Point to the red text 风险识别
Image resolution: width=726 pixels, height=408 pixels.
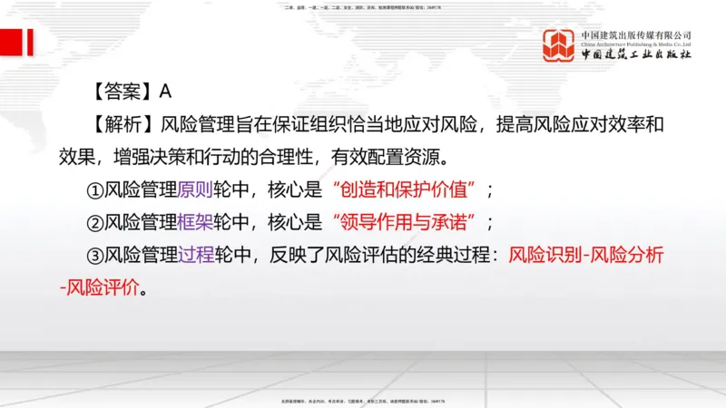[542, 256]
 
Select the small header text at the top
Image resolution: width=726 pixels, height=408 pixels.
[363, 6]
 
